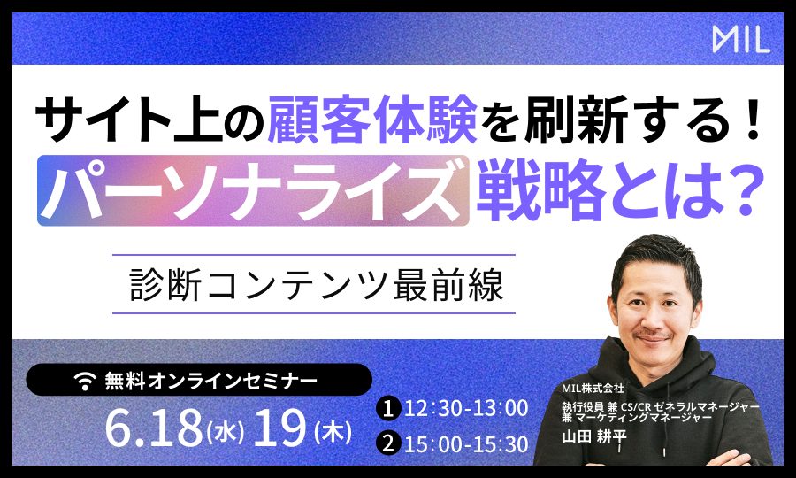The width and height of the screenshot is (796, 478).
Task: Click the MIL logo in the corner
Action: (741, 40)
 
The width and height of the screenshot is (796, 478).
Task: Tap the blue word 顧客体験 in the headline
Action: (372, 119)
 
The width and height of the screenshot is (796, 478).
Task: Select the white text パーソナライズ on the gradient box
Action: (252, 190)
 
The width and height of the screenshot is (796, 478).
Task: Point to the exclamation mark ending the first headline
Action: (752, 119)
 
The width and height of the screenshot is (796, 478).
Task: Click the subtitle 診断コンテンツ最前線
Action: (317, 284)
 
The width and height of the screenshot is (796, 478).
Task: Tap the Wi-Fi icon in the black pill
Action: (85, 381)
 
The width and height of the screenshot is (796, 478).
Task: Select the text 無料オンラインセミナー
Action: (210, 381)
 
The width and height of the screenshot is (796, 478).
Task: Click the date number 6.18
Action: (154, 428)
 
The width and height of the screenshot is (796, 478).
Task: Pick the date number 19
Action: (279, 428)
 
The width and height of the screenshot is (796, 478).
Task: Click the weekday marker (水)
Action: (226, 432)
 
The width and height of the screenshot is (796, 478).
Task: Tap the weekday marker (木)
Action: (333, 432)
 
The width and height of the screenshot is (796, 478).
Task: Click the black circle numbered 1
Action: (388, 409)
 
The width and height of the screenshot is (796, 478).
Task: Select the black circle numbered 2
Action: (388, 444)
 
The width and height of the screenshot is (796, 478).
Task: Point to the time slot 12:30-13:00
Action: (466, 409)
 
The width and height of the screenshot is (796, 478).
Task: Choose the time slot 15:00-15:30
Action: (466, 444)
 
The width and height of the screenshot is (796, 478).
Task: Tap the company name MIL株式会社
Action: (593, 388)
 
